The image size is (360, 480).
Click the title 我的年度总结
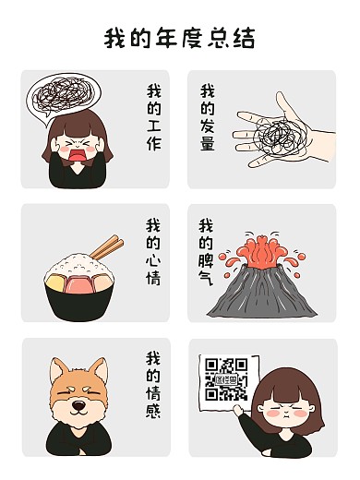tap(179, 39)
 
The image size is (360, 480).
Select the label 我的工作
tap(153, 118)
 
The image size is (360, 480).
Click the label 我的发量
tap(208, 118)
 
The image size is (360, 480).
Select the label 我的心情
tap(153, 251)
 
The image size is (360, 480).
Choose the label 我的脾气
tap(208, 251)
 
